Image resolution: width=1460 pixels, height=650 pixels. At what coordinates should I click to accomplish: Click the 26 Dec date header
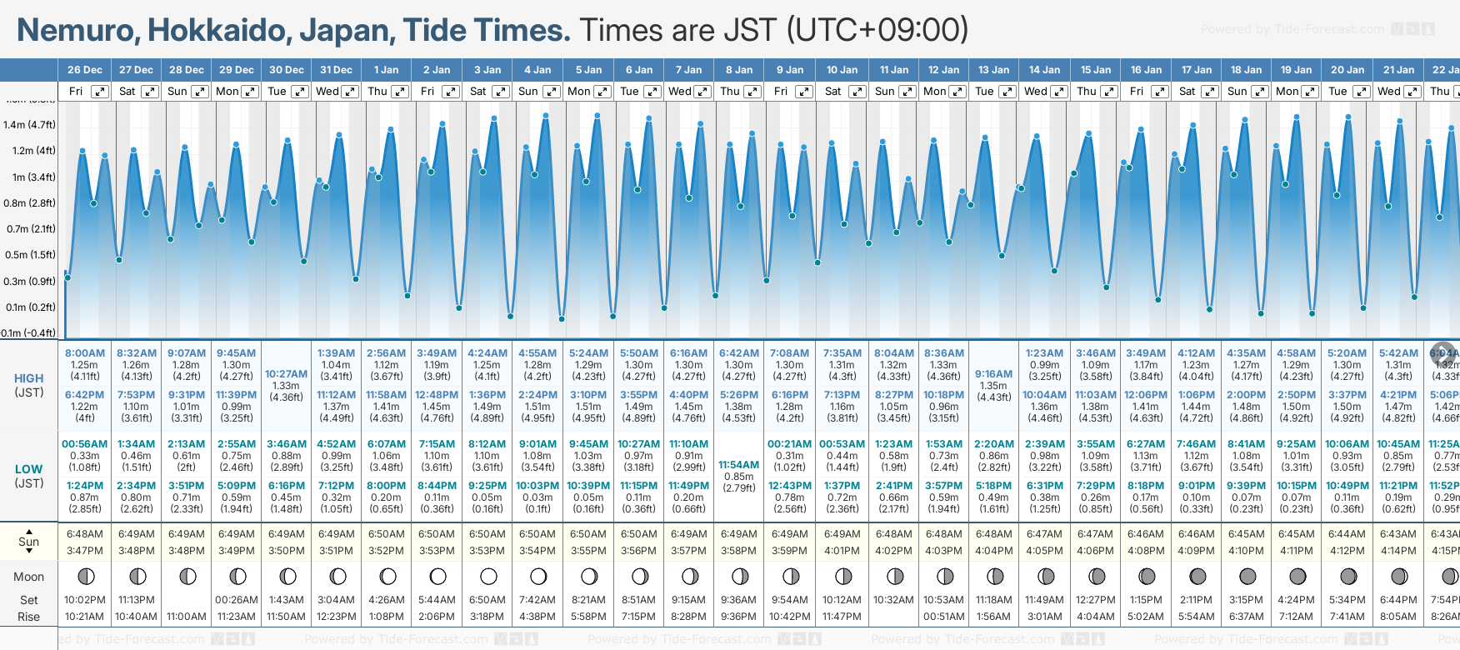coord(85,70)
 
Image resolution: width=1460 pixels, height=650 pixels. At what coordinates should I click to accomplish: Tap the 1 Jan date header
coord(386,70)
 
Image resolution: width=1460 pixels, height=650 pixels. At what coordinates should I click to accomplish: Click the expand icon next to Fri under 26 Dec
coord(100,92)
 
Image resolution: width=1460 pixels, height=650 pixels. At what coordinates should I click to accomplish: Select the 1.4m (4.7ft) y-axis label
coord(29,125)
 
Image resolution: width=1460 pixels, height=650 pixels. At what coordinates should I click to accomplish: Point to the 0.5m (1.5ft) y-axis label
coord(29,255)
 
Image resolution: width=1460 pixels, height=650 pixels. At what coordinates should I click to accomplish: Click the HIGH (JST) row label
coord(29,385)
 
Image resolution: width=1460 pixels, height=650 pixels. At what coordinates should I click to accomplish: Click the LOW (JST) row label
coord(29,476)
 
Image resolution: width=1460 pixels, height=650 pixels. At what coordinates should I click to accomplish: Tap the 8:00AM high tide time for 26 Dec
coord(85,353)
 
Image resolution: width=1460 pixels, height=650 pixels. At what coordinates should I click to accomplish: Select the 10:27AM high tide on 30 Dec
coord(286,374)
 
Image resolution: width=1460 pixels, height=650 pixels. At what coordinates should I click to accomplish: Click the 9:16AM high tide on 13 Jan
coord(993,374)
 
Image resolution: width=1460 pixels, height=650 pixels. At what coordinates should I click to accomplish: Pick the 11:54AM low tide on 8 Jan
coord(738,465)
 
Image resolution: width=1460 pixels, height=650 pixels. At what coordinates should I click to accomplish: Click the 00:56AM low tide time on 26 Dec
coord(85,444)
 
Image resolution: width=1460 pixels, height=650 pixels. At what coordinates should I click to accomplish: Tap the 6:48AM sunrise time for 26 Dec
coord(85,534)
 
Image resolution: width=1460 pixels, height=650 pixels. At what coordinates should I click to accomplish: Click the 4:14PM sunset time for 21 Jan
coord(1397,551)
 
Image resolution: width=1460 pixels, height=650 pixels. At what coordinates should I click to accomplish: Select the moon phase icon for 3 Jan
coord(488,576)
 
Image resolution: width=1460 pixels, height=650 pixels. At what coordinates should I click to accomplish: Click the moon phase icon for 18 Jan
coord(1247,576)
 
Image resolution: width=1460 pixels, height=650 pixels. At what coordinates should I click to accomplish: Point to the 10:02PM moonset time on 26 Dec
coord(85,600)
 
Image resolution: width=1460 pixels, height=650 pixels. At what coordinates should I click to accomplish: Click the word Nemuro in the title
coord(78,31)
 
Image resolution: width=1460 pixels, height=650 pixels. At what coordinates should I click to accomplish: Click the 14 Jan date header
coord(1044,70)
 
